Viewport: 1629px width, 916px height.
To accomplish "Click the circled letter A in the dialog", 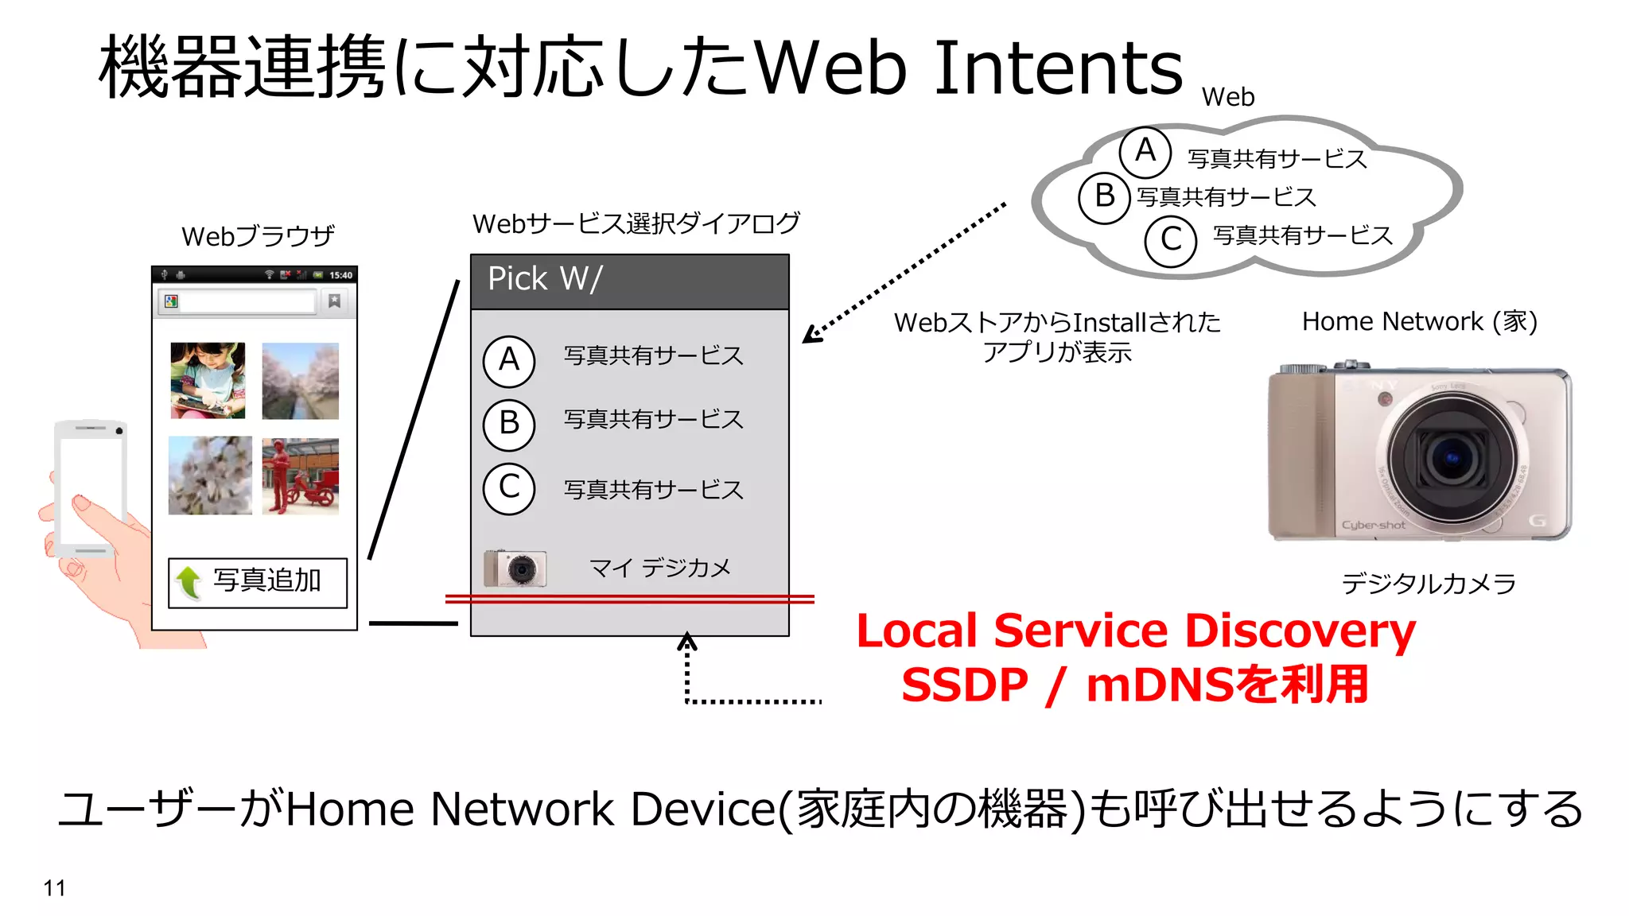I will tap(509, 360).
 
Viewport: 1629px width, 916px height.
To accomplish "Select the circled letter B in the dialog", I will tap(509, 423).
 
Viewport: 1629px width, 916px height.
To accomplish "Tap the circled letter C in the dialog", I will tap(509, 487).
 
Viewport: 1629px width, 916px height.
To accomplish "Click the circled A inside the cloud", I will tap(1145, 151).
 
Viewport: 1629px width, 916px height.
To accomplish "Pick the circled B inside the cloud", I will tap(1104, 196).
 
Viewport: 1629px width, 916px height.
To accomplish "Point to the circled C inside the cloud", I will tap(1170, 239).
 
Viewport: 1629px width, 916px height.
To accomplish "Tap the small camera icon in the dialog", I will tap(515, 568).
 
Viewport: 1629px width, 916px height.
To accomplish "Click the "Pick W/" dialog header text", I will tap(545, 279).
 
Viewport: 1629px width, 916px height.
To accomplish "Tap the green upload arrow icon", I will tap(189, 582).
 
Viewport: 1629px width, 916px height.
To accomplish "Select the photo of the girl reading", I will tap(208, 380).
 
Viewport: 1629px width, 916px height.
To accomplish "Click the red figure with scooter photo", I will tap(300, 475).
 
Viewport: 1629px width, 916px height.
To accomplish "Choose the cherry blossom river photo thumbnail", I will tap(300, 380).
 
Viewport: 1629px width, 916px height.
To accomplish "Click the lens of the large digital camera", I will tap(1452, 457).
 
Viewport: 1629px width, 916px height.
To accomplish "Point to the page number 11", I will tap(54, 888).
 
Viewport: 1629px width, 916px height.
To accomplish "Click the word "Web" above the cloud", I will tap(1228, 97).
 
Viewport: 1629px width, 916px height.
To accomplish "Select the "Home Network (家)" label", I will tap(1419, 321).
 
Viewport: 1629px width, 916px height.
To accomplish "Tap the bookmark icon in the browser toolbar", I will tap(334, 301).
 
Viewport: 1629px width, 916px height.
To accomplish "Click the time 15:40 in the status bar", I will tap(340, 275).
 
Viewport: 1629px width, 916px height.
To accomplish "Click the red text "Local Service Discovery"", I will tap(1136, 631).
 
